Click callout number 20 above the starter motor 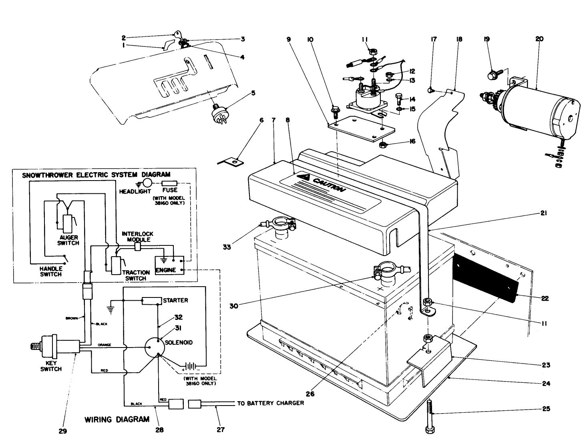(539, 39)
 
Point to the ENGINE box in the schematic (166, 270)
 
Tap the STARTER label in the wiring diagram (175, 300)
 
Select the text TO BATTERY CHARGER (270, 403)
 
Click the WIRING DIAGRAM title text (117, 420)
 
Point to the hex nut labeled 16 (382, 144)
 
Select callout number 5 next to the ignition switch (253, 94)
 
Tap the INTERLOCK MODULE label (137, 237)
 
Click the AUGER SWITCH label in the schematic (68, 240)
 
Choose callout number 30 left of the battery (234, 306)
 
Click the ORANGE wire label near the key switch (104, 345)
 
